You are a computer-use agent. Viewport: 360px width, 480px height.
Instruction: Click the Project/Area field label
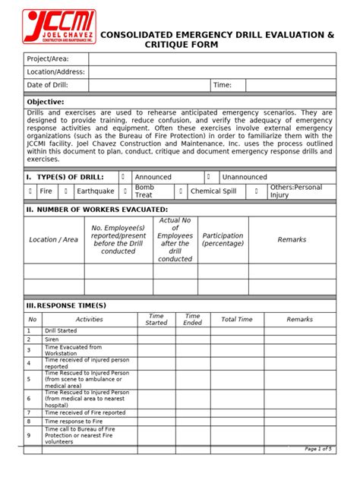49,58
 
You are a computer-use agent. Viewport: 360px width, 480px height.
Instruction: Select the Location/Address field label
56,72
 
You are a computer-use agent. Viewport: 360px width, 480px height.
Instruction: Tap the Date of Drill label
49,86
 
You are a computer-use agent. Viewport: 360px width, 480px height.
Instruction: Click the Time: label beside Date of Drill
223,86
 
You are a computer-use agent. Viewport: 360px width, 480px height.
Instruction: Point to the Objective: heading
46,102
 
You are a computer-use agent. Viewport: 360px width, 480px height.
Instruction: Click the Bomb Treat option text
144,191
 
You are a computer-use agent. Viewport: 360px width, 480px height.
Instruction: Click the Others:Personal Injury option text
295,191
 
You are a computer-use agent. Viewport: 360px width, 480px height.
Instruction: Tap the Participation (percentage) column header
223,239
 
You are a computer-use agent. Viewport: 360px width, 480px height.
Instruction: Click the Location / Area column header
53,239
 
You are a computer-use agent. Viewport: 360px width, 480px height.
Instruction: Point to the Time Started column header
156,320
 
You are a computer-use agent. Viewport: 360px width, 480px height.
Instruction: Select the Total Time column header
236,320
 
